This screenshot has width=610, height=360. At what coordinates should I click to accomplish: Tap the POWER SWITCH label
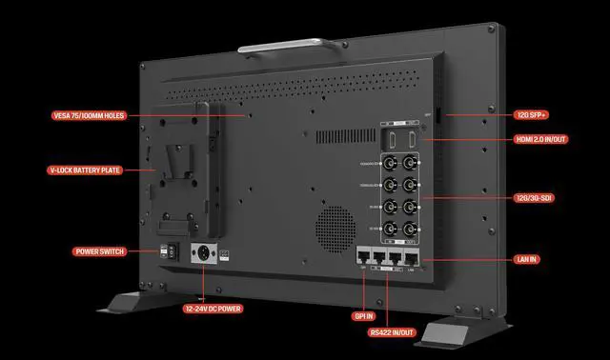tap(99, 252)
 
